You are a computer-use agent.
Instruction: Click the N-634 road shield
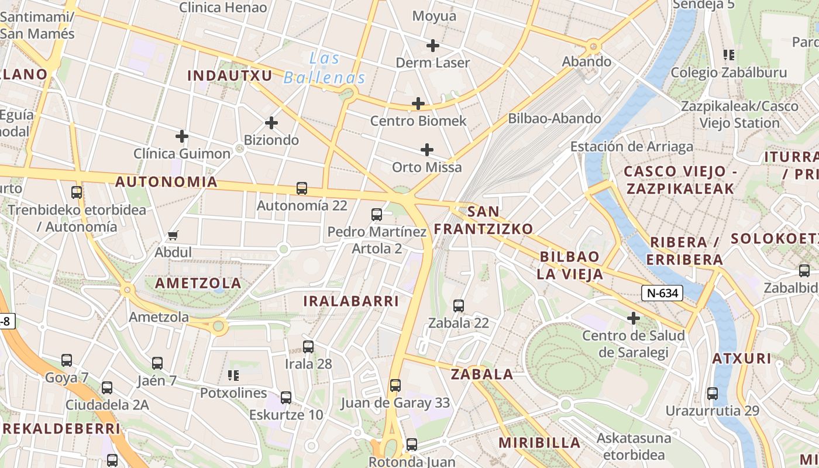click(x=663, y=293)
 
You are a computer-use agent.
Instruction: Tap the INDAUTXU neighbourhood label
click(x=230, y=75)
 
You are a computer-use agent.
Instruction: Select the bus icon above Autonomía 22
click(x=302, y=188)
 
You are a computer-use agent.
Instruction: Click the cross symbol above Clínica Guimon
click(x=182, y=136)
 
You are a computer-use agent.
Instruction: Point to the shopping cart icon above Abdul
click(x=173, y=236)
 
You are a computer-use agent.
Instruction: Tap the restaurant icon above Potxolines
click(x=233, y=376)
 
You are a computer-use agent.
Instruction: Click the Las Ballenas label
click(x=325, y=68)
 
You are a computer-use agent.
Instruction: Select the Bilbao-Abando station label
click(x=554, y=118)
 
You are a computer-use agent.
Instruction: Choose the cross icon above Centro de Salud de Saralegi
click(x=633, y=318)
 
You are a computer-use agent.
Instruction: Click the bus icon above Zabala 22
click(x=459, y=305)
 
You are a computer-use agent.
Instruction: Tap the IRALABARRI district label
click(x=351, y=301)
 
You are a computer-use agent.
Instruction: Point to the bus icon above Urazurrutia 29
click(x=712, y=393)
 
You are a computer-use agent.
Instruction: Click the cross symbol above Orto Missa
click(x=427, y=150)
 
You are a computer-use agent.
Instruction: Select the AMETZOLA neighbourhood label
click(x=198, y=283)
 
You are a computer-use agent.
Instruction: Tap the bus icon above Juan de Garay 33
click(x=395, y=386)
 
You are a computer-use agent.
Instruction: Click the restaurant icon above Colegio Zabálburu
click(x=728, y=56)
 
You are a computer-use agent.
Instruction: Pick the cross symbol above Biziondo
click(x=271, y=123)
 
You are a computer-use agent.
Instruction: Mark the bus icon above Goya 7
click(x=67, y=360)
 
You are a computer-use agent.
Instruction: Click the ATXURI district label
click(x=742, y=359)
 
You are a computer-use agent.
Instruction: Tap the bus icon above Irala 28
click(x=308, y=346)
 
